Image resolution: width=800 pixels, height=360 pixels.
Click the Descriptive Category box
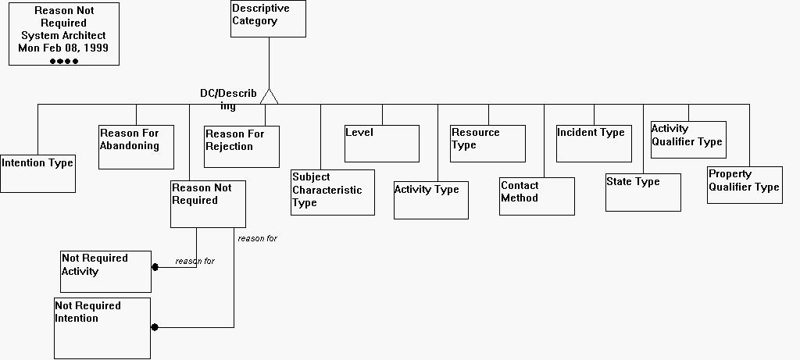(268, 19)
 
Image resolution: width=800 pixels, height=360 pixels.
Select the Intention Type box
(37, 173)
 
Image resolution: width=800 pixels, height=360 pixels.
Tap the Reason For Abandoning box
(136, 147)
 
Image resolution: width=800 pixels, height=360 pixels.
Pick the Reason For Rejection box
(241, 146)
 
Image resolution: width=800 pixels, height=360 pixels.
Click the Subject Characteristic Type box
(332, 192)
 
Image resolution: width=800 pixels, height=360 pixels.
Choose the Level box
(382, 144)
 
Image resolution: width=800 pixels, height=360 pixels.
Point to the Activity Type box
(430, 201)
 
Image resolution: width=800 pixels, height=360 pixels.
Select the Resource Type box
(487, 144)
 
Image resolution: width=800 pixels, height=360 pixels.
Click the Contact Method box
(537, 196)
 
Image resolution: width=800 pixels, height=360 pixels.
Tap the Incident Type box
(594, 144)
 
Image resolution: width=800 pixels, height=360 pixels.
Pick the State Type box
(643, 192)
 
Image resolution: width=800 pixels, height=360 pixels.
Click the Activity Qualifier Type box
(687, 140)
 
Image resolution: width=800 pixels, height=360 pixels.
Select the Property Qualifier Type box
(745, 185)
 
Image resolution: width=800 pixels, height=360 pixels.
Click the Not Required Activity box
(105, 272)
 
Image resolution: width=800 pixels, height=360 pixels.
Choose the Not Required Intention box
(102, 328)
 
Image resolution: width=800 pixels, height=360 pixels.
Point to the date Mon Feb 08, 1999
(63, 48)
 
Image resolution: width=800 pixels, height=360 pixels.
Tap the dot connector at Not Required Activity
(155, 267)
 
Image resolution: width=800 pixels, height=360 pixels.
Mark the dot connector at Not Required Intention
(155, 327)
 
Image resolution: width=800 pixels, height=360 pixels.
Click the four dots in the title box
(64, 61)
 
